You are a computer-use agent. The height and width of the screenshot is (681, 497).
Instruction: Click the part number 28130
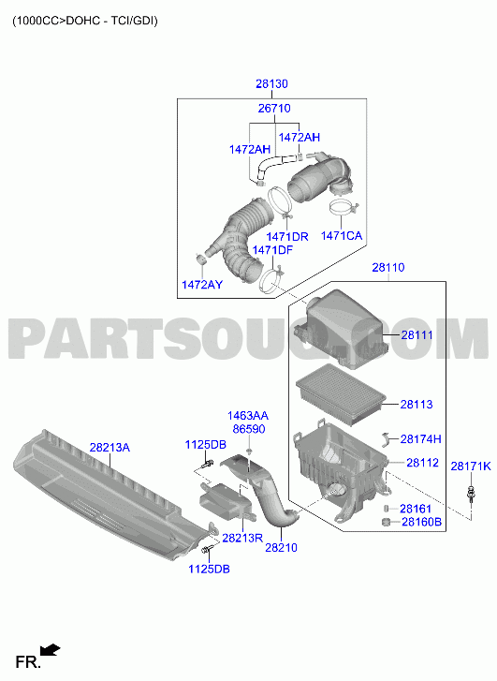click(271, 83)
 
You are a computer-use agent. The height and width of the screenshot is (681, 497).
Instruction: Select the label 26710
click(274, 108)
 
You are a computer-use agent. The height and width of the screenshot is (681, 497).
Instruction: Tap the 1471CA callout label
click(342, 236)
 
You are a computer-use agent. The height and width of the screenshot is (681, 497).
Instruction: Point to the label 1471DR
click(287, 237)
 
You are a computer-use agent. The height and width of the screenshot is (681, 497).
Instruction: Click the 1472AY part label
click(202, 285)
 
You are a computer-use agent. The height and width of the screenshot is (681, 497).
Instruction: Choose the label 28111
click(417, 334)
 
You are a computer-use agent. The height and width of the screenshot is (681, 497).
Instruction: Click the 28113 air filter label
click(417, 405)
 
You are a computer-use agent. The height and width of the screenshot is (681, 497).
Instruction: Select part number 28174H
click(420, 439)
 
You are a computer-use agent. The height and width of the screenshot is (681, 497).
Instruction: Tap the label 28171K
click(471, 466)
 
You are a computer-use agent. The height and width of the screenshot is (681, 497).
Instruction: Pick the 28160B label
click(421, 522)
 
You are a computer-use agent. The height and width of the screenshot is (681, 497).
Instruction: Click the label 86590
click(249, 429)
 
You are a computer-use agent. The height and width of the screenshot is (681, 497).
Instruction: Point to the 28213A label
click(110, 448)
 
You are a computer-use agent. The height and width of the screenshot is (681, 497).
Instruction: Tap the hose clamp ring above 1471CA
click(343, 207)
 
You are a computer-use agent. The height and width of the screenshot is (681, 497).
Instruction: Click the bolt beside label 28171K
click(471, 494)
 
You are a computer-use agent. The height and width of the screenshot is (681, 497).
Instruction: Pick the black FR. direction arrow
click(50, 650)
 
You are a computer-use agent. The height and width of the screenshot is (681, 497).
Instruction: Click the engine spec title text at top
click(85, 21)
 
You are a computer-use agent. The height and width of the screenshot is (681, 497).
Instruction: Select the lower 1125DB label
click(209, 569)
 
